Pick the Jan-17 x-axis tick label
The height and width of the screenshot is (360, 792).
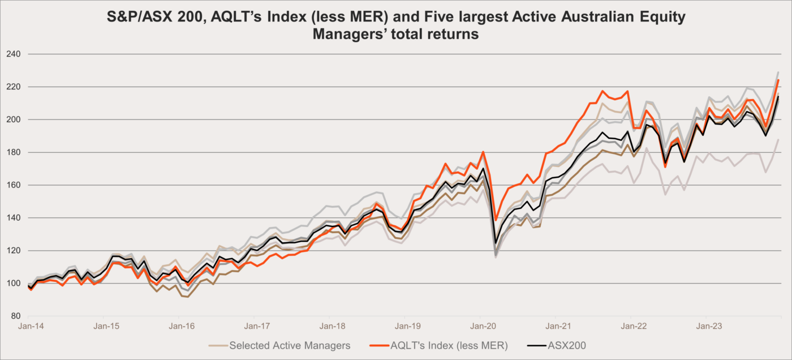tap(257, 326)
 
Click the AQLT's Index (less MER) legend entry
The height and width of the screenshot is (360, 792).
tap(449, 345)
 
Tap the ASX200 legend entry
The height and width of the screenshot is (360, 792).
tap(565, 345)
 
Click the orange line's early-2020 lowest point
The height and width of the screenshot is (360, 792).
tap(496, 220)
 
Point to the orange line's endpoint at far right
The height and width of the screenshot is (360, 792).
tap(778, 80)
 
